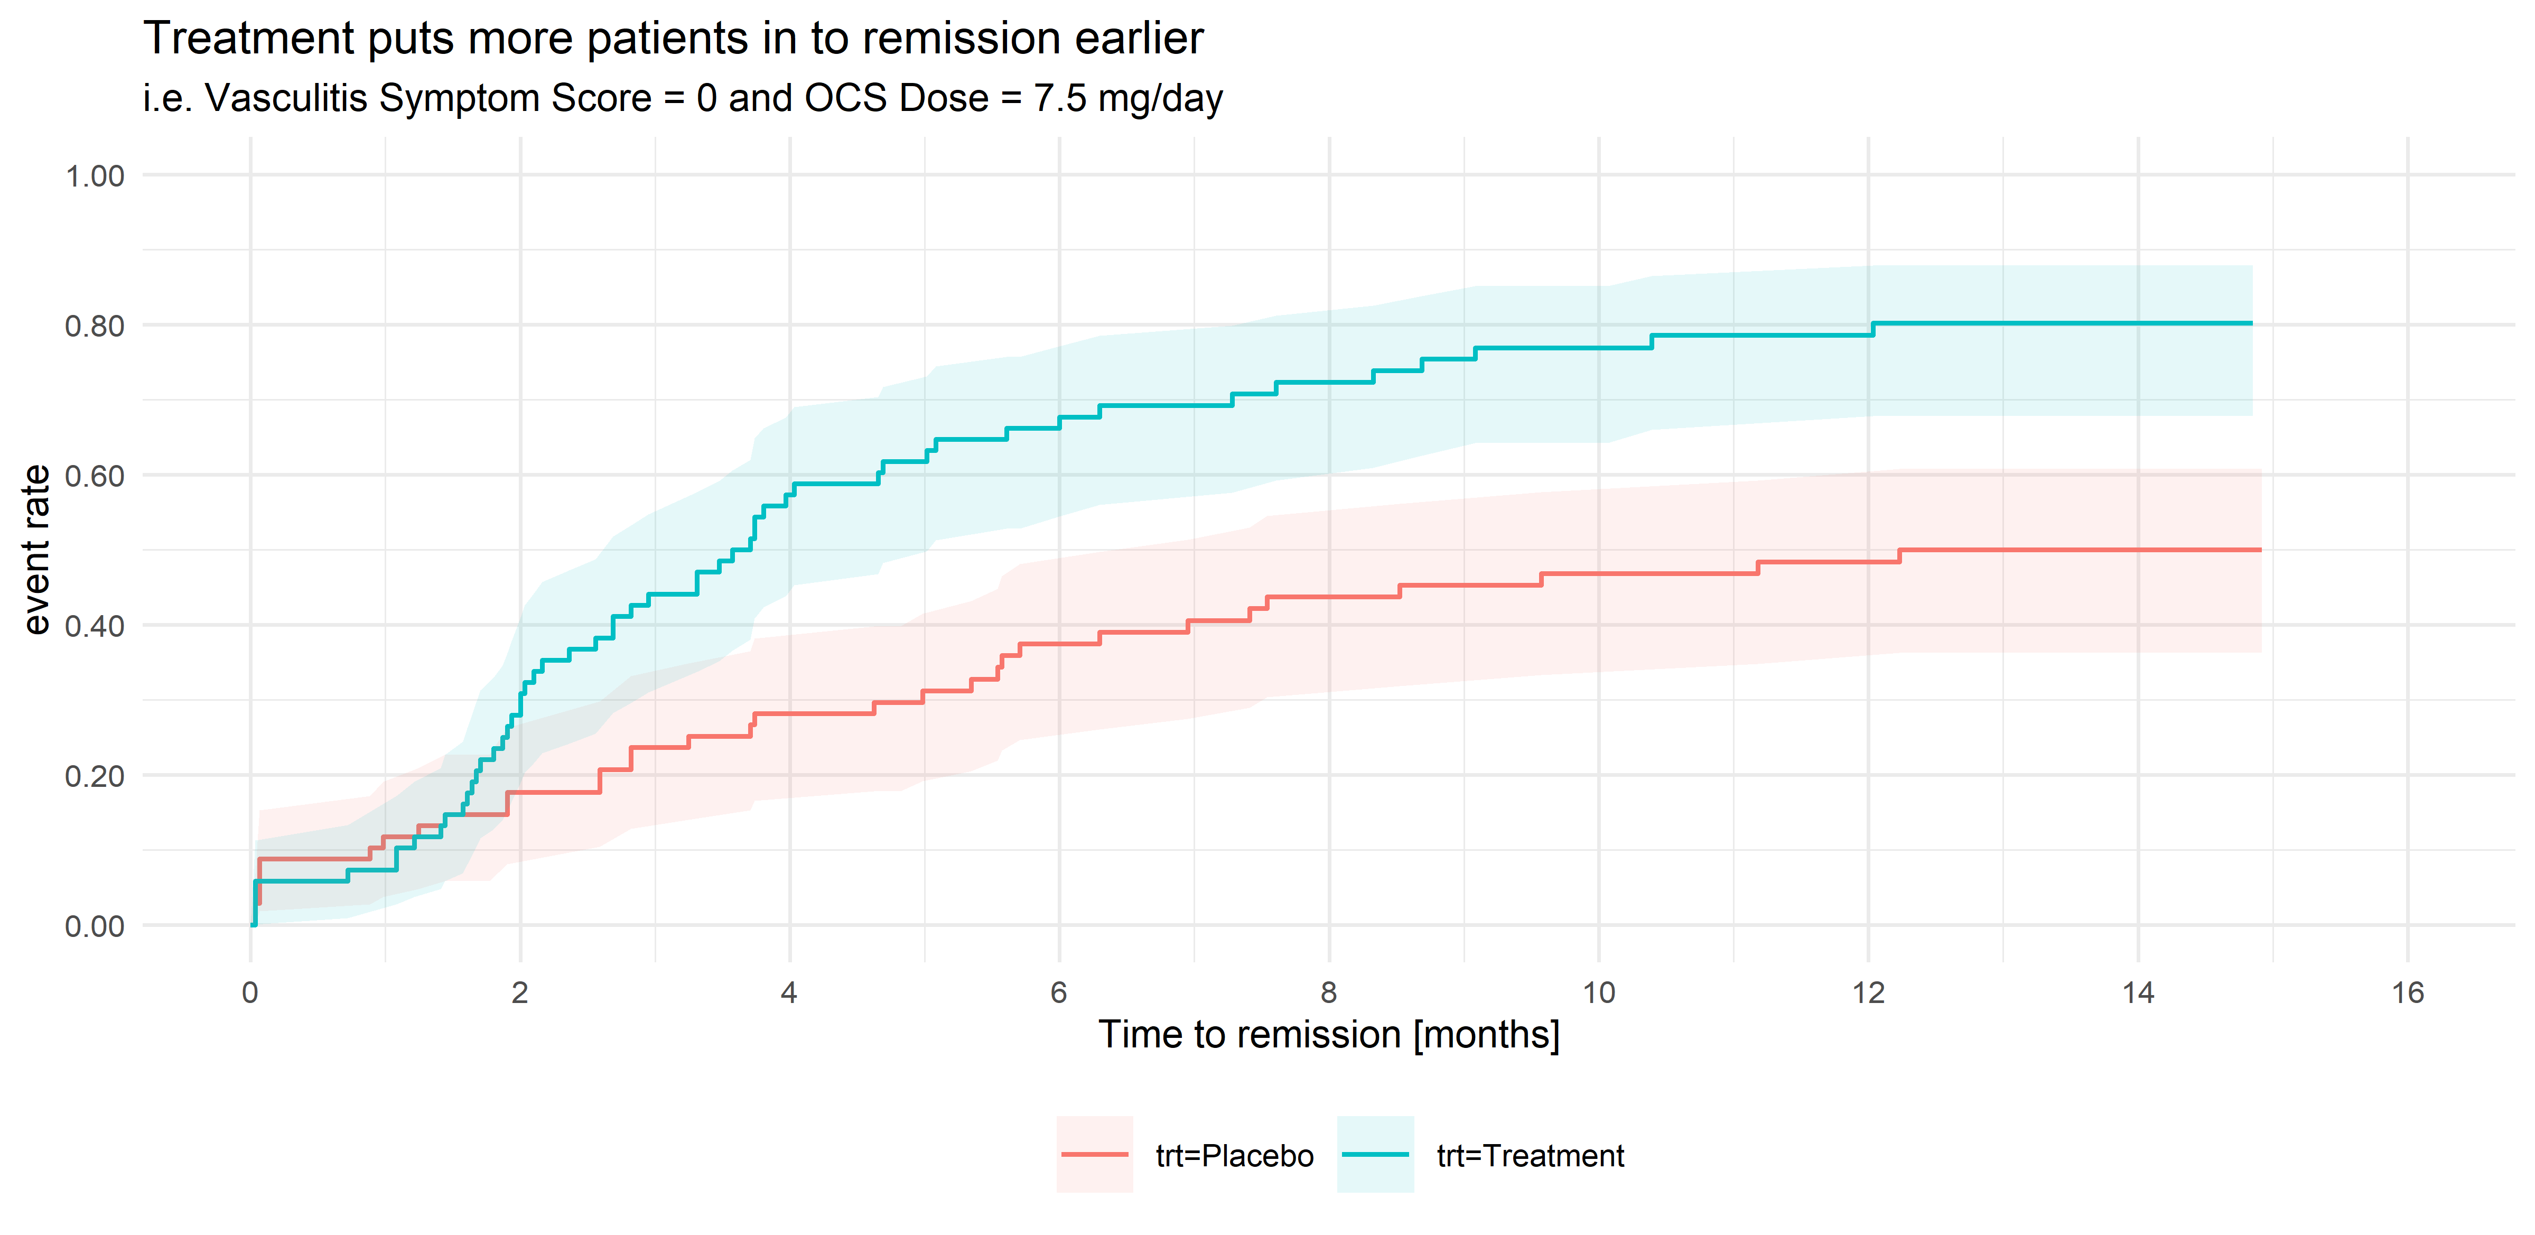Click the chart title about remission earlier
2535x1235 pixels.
pyautogui.click(x=673, y=39)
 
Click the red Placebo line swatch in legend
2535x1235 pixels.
pyautogui.click(x=1094, y=1154)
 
